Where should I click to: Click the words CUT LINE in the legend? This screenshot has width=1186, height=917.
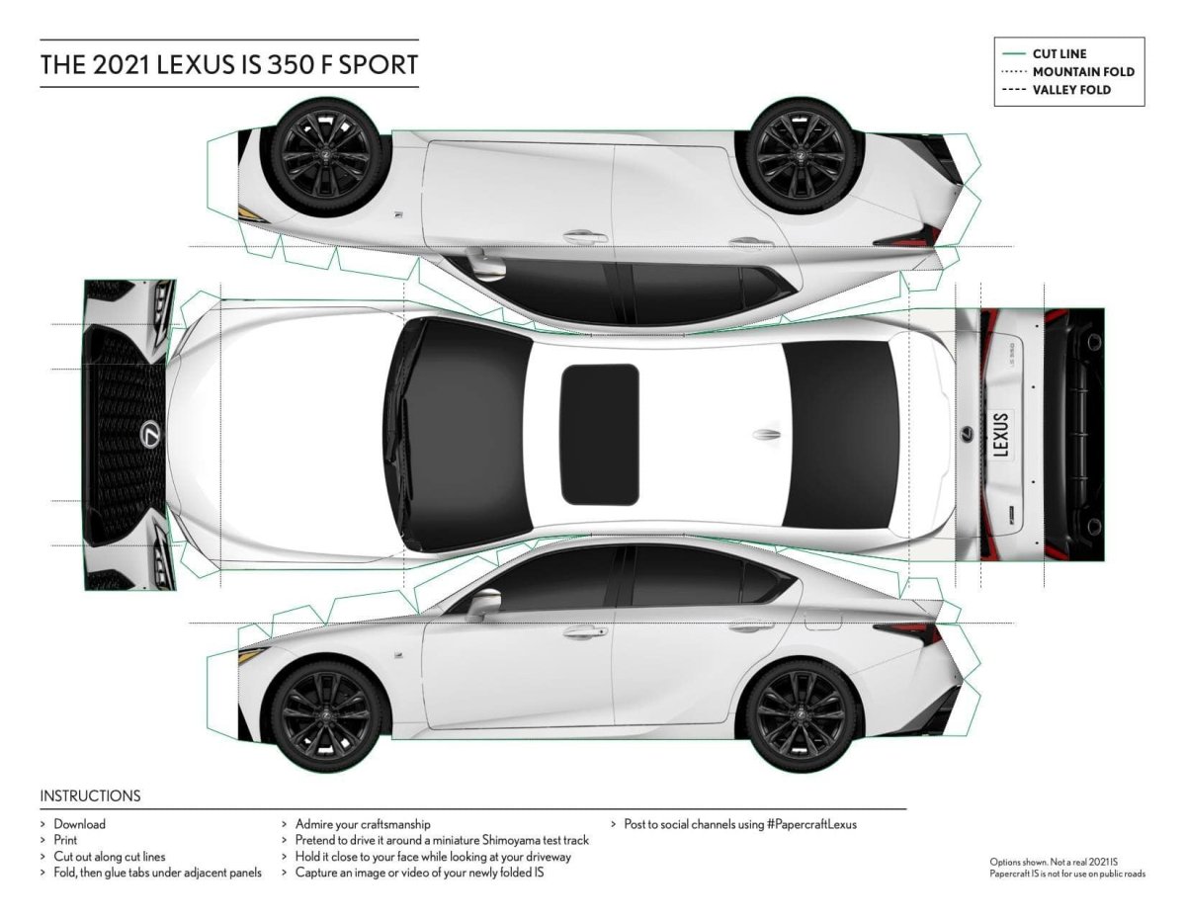click(x=1059, y=53)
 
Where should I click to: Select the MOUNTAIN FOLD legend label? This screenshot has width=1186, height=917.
click(x=1083, y=71)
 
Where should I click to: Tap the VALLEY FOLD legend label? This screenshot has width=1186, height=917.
click(x=1070, y=90)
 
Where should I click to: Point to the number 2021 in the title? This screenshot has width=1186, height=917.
click(x=122, y=64)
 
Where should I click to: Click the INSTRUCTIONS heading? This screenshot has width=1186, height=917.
click(x=90, y=795)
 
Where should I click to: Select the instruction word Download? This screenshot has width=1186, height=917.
click(x=79, y=824)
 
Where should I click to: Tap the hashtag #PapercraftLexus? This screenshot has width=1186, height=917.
click(x=811, y=824)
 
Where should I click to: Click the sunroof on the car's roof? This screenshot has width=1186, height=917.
click(x=599, y=434)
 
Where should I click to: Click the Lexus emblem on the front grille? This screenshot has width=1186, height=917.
click(x=151, y=434)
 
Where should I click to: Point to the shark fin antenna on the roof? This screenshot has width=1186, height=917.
click(x=766, y=435)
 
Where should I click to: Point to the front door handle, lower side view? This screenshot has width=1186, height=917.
click(x=584, y=631)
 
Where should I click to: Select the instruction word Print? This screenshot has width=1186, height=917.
click(x=65, y=840)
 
